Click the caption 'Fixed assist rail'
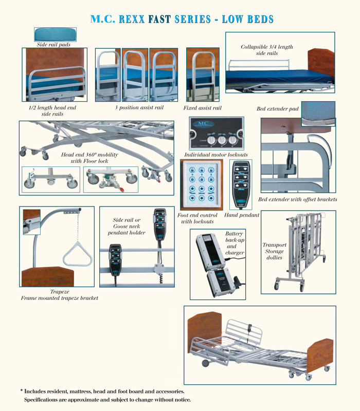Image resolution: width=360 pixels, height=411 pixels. point(202,108)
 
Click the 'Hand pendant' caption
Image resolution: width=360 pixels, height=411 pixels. point(242,215)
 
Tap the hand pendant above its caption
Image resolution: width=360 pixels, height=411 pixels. point(241,184)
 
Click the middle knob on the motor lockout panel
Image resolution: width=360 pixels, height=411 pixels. point(222,139)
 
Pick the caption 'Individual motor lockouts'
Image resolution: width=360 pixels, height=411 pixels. point(215,155)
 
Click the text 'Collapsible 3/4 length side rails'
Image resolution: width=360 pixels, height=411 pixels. point(267,50)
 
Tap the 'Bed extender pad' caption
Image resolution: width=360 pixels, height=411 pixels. point(278,109)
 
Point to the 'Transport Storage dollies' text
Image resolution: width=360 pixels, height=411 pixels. point(274,252)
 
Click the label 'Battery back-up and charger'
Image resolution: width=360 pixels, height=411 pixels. point(235,243)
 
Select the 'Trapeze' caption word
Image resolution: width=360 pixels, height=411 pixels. point(59,292)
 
